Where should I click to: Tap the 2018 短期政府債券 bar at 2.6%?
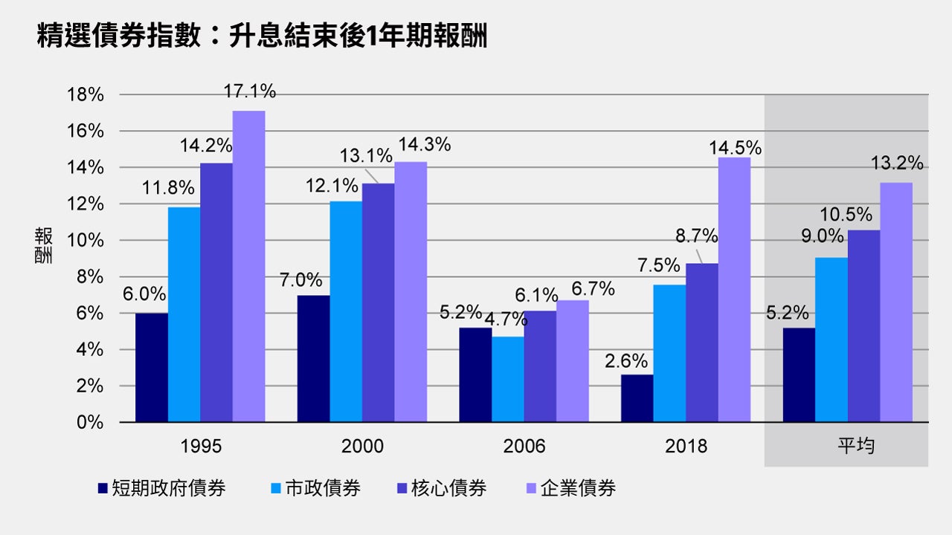pos(637,398)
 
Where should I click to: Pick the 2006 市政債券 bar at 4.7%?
pos(507,380)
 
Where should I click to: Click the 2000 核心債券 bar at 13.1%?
pos(378,302)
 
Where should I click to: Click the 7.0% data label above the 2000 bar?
pos(301,281)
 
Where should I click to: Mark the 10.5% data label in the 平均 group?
pos(846,215)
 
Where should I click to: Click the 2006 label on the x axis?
pos(524,446)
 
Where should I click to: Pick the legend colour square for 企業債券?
pos(531,488)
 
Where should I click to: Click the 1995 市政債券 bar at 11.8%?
pos(184,314)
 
